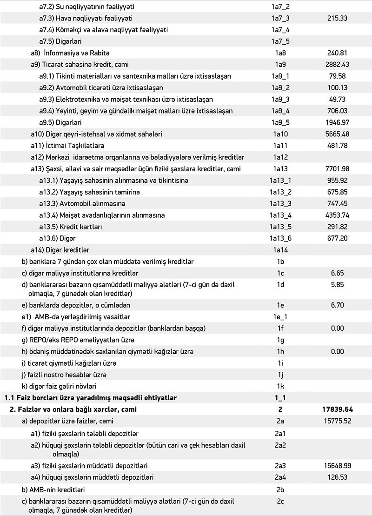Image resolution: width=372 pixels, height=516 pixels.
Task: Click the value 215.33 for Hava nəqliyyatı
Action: click(x=338, y=19)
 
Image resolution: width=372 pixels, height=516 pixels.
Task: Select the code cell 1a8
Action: click(x=280, y=53)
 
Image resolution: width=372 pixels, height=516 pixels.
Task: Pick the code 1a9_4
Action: click(x=280, y=111)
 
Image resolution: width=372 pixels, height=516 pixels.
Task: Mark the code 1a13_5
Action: click(x=280, y=227)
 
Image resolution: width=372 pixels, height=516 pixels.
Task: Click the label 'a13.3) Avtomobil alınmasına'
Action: click(x=82, y=204)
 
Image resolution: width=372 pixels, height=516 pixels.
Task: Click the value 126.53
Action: click(x=338, y=478)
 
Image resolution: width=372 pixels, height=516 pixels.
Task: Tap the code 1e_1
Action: click(x=280, y=317)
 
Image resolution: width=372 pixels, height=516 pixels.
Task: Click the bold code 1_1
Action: click(x=280, y=398)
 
